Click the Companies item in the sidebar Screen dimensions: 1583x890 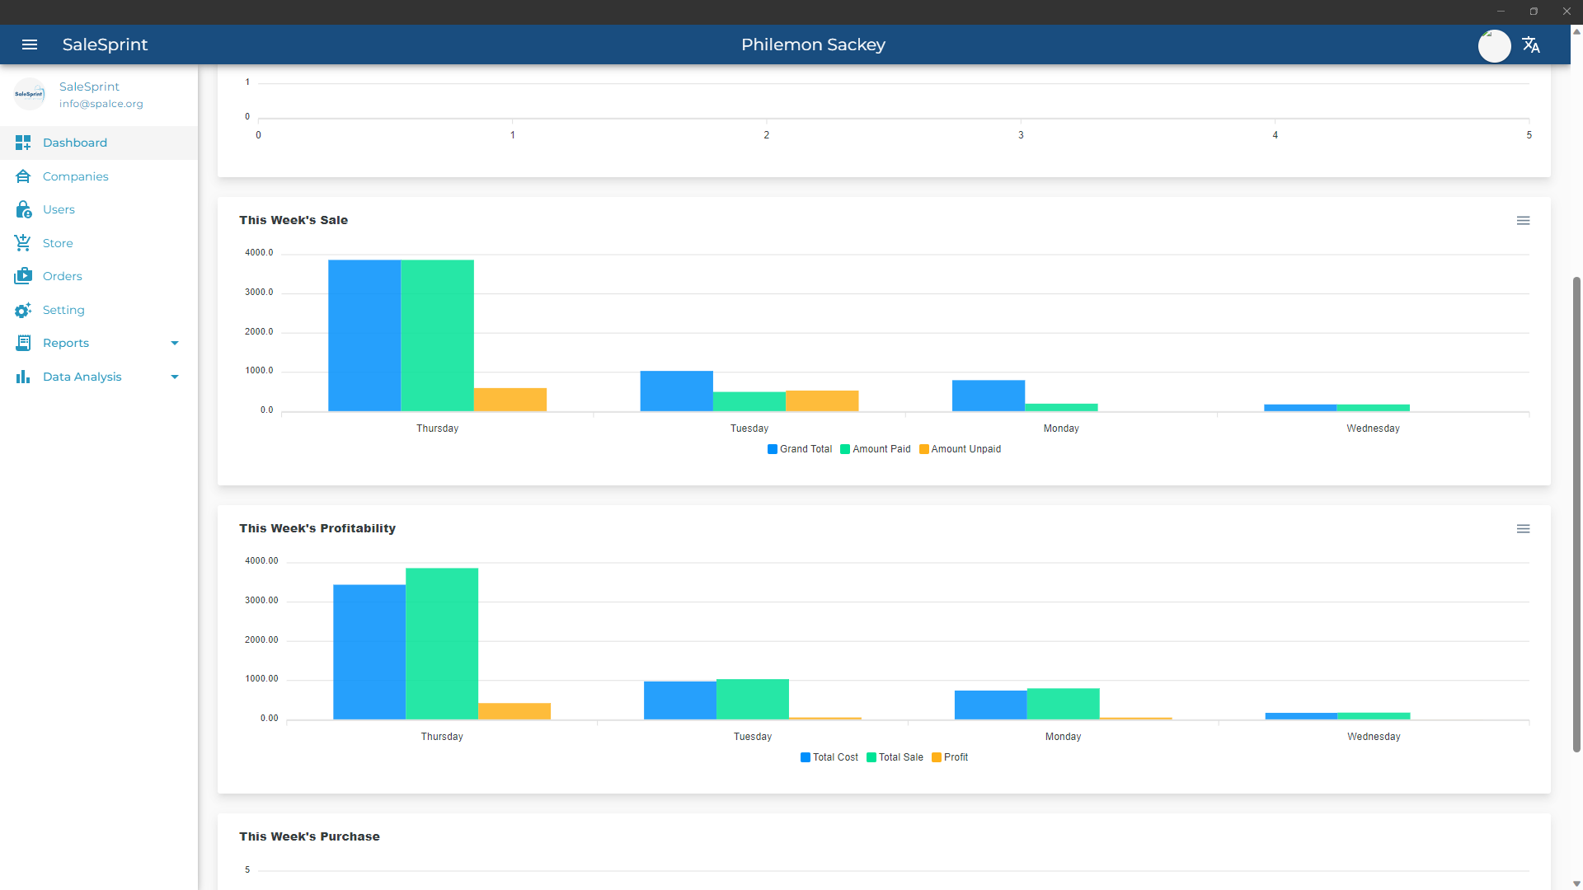click(75, 176)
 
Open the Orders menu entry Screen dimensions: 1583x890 click(62, 276)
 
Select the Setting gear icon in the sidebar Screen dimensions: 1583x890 click(23, 310)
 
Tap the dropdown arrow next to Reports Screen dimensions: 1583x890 click(175, 343)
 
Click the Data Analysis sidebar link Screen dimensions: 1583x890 click(82, 377)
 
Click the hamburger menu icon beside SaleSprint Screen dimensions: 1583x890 click(30, 44)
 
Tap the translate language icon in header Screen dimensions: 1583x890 click(1531, 44)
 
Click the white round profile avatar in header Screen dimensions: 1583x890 click(1494, 45)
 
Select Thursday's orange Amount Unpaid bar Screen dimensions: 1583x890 click(510, 400)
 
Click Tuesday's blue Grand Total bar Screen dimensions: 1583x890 click(677, 391)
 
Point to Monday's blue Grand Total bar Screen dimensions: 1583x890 click(989, 396)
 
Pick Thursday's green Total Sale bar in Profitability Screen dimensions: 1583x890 click(442, 644)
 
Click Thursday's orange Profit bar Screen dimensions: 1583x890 click(514, 711)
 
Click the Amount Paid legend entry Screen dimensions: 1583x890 click(876, 449)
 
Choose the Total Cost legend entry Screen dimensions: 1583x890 click(829, 757)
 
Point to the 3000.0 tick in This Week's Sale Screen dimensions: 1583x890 click(259, 293)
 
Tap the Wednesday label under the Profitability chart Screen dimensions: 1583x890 click(1374, 737)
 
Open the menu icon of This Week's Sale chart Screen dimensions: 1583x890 click(1523, 221)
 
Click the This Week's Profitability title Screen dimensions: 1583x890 click(317, 528)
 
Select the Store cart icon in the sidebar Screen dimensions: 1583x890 click(23, 243)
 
